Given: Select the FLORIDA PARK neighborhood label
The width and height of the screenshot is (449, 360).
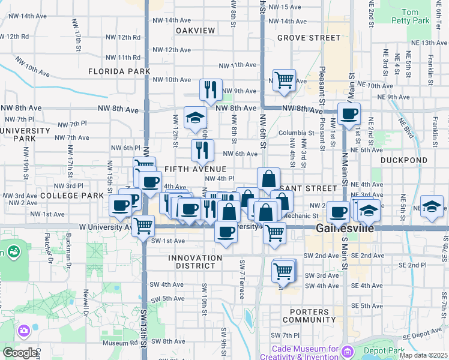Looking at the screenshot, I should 119,71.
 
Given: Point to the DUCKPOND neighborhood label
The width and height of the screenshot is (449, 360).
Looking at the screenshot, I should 403,161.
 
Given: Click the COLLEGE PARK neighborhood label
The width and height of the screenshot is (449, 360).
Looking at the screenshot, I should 73,196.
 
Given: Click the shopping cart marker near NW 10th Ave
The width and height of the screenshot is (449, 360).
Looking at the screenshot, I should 284,79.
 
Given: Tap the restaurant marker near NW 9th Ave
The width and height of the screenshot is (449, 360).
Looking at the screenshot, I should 211,89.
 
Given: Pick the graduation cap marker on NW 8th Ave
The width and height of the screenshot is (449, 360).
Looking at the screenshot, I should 195,117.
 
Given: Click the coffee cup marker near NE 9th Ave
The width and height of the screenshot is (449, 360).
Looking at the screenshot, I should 349,113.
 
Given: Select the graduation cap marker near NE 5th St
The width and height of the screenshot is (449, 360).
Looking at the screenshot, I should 432,206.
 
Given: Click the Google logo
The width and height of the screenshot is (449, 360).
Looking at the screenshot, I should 20,353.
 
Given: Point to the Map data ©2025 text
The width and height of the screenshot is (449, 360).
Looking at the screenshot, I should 423,356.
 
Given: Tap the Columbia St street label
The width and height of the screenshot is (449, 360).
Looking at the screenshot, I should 296,133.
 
